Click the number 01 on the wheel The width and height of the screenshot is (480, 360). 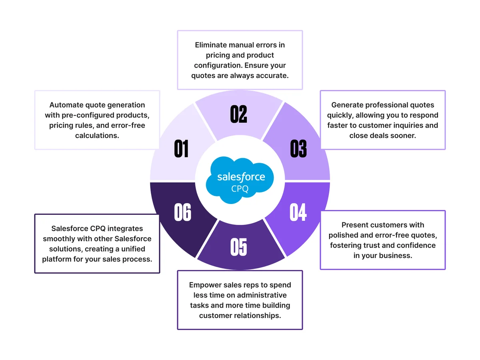[x=181, y=148]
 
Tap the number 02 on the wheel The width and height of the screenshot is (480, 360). [x=238, y=114]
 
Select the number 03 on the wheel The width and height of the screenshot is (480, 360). [x=298, y=148]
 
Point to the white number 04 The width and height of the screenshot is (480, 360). [x=298, y=212]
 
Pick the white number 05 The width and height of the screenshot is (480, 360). [x=238, y=247]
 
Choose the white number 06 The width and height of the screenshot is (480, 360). [x=182, y=212]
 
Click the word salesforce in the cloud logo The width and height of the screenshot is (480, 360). [x=241, y=177]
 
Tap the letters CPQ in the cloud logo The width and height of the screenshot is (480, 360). [x=240, y=189]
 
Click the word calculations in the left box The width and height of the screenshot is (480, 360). [x=97, y=136]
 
